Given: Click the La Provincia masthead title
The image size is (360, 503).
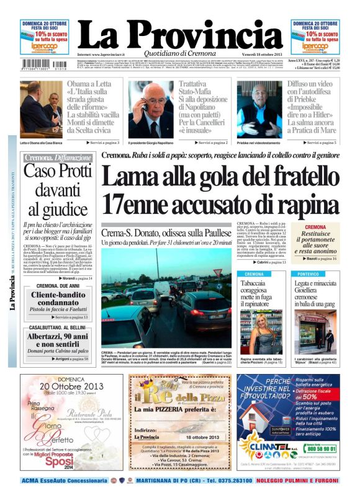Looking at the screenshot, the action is point(180,31).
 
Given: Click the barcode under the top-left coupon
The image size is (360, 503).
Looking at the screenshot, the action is point(44,63).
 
